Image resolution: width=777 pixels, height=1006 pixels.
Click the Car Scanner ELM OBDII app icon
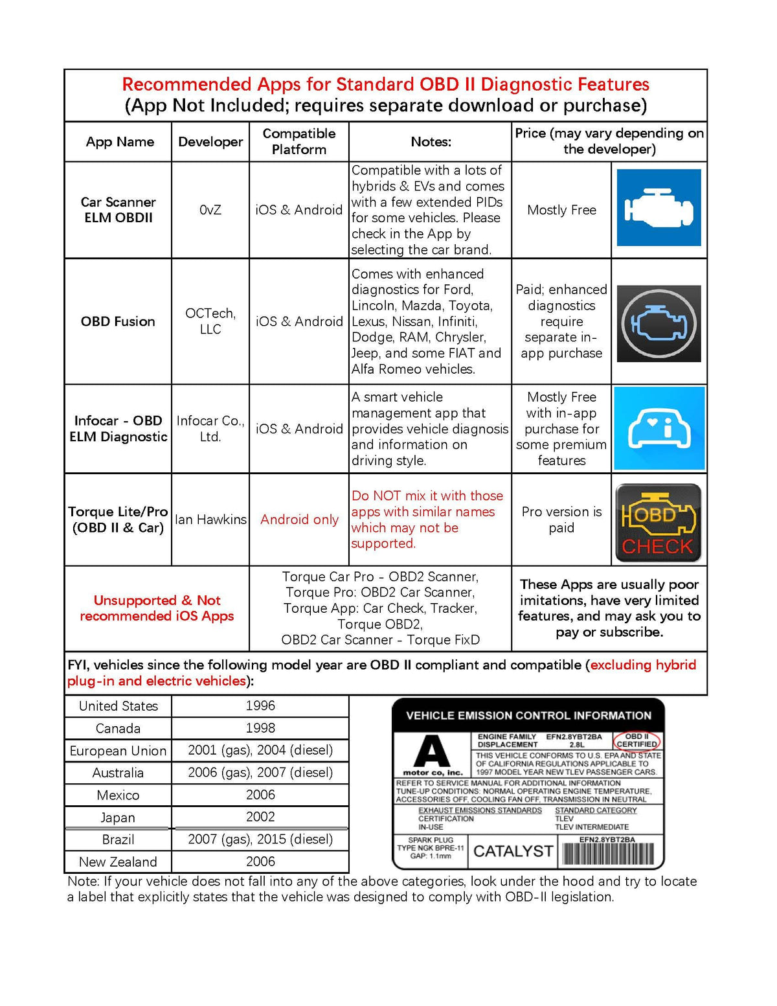click(x=659, y=208)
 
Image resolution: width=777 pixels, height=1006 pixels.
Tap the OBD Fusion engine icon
click(x=659, y=323)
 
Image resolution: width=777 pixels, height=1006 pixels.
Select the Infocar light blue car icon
click(x=659, y=428)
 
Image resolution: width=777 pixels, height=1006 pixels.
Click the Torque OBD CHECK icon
click(x=658, y=523)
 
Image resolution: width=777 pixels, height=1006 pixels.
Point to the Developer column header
click(x=210, y=142)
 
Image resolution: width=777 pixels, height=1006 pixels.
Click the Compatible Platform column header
click(x=298, y=141)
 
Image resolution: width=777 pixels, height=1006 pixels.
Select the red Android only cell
click(x=299, y=520)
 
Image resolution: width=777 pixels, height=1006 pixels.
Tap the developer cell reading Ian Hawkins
click(x=210, y=520)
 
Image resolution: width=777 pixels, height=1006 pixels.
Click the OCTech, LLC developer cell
click(x=210, y=321)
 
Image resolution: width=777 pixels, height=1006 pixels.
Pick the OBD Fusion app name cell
click(x=118, y=321)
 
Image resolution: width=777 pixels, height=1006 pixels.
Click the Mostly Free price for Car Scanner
click(x=561, y=210)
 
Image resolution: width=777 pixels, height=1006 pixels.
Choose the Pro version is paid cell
click(x=561, y=520)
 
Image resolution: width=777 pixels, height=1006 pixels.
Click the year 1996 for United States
click(x=260, y=705)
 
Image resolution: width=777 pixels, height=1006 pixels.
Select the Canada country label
click(x=118, y=728)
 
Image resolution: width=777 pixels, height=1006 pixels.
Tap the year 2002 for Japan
click(x=260, y=817)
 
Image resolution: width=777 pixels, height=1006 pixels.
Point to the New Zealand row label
click(x=118, y=862)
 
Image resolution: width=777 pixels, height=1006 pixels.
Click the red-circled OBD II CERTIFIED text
click(x=637, y=740)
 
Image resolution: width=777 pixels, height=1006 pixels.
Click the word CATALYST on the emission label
click(x=513, y=851)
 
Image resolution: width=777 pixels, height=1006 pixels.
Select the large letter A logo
click(x=432, y=752)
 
